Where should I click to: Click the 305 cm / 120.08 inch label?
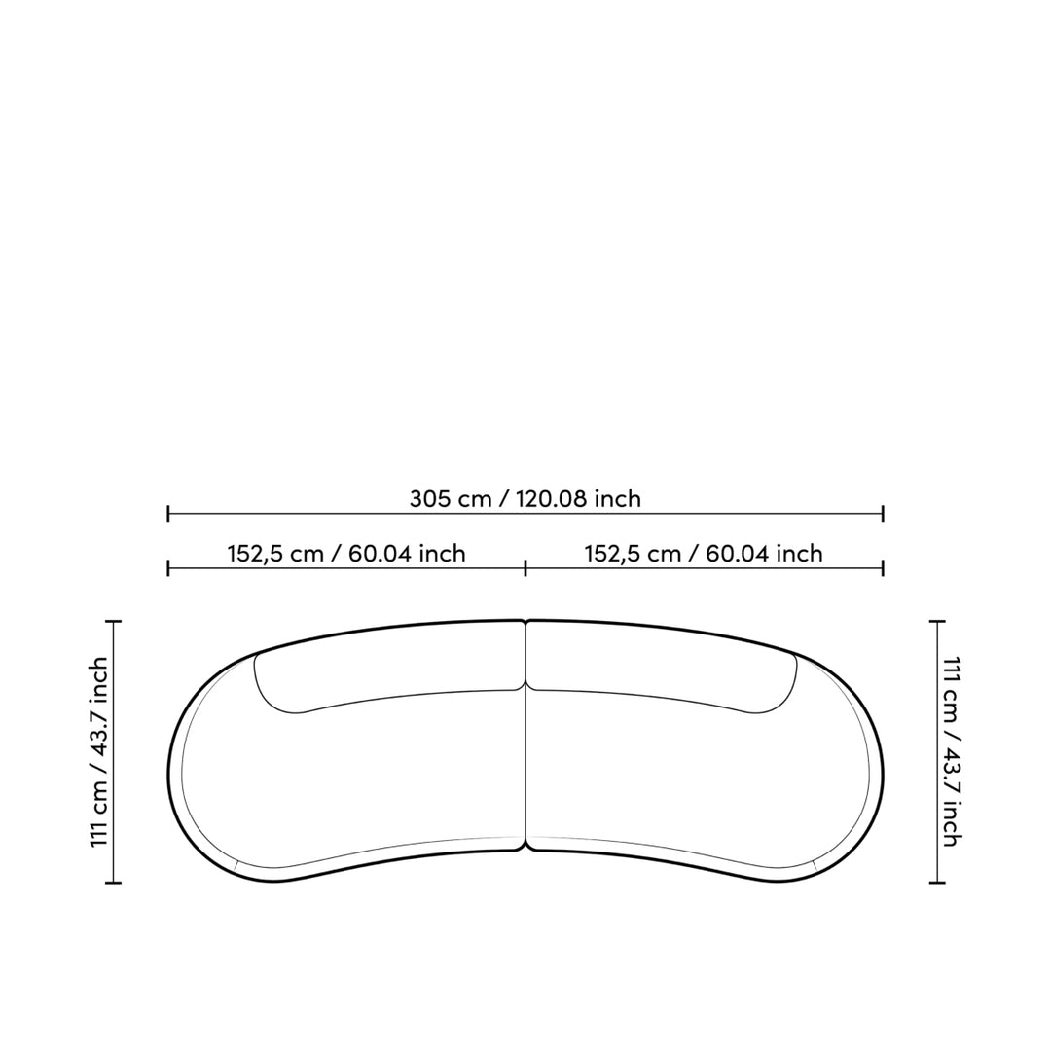coord(525,498)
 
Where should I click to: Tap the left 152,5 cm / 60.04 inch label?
coord(346,554)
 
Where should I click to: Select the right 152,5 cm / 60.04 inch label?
coord(704,554)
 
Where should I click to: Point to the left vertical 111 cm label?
coord(99,752)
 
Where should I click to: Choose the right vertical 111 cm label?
coord(952,752)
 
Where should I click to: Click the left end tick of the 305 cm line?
coord(168,514)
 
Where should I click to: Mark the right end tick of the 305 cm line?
coord(883,514)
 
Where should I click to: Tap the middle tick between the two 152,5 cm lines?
coord(525,569)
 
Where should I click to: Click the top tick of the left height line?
coord(113,622)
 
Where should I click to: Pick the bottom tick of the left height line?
coord(113,883)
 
